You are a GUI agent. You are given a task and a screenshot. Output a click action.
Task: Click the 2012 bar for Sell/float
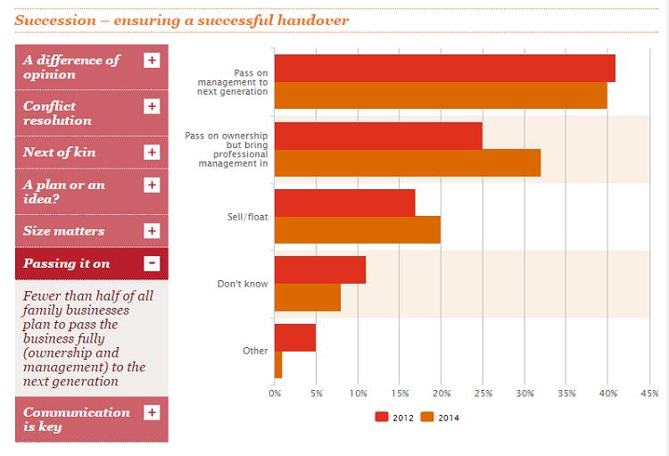click(x=344, y=203)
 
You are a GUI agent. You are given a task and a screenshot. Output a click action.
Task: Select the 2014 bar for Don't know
click(x=308, y=297)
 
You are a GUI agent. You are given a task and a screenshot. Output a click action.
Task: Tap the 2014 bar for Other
click(x=278, y=364)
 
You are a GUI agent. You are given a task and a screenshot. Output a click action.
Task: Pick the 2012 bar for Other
click(x=295, y=337)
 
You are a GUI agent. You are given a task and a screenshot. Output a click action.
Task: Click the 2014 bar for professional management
click(x=408, y=162)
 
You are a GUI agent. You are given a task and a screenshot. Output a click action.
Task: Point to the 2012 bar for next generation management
click(x=445, y=69)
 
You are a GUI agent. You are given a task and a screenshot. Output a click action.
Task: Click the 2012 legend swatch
click(x=382, y=417)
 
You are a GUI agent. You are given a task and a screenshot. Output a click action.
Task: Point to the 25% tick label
click(x=483, y=393)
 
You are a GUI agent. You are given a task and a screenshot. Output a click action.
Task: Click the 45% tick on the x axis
click(x=649, y=393)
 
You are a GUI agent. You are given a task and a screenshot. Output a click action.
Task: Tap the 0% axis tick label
click(x=275, y=393)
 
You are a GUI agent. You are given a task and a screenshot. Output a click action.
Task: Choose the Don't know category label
click(x=243, y=284)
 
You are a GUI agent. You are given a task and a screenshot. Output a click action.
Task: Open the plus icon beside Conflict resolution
click(x=152, y=106)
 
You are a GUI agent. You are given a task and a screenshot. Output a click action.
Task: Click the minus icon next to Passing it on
click(x=152, y=263)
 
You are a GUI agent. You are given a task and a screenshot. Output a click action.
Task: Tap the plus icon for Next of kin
click(x=152, y=152)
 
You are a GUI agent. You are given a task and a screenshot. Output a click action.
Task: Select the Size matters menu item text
click(x=63, y=231)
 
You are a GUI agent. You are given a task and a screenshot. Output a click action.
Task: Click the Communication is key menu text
click(x=76, y=419)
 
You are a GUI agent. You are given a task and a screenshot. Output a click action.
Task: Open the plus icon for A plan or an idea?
click(x=152, y=185)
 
